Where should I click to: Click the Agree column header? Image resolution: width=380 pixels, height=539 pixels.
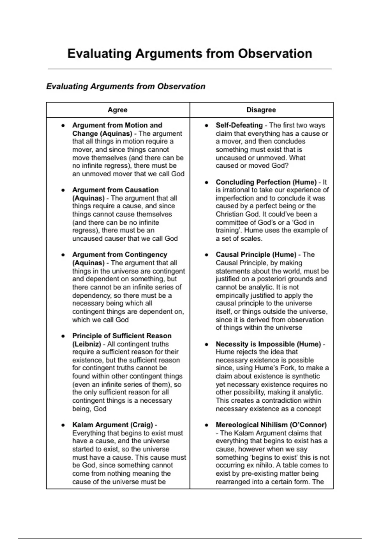117,110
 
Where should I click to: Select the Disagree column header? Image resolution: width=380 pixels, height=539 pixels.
261,110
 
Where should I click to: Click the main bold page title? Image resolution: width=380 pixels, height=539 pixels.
190,54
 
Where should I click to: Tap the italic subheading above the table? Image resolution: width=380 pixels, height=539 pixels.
126,87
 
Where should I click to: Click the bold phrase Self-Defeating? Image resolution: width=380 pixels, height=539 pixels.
239,125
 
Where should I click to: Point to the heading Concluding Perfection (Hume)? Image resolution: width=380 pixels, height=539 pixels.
266,182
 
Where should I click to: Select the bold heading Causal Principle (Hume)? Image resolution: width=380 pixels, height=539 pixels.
256,255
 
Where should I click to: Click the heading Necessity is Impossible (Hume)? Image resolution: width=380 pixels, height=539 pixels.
268,344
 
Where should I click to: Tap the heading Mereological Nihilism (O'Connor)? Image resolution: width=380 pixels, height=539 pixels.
271,425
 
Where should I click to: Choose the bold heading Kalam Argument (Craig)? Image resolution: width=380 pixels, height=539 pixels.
112,425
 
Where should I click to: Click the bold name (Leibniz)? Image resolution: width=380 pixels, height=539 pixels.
86,344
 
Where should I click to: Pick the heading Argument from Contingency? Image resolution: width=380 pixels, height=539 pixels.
119,255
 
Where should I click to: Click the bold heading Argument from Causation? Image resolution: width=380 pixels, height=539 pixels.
115,190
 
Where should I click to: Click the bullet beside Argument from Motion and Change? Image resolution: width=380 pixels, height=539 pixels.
63,126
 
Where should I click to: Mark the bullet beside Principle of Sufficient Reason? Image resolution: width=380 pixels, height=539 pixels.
63,336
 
